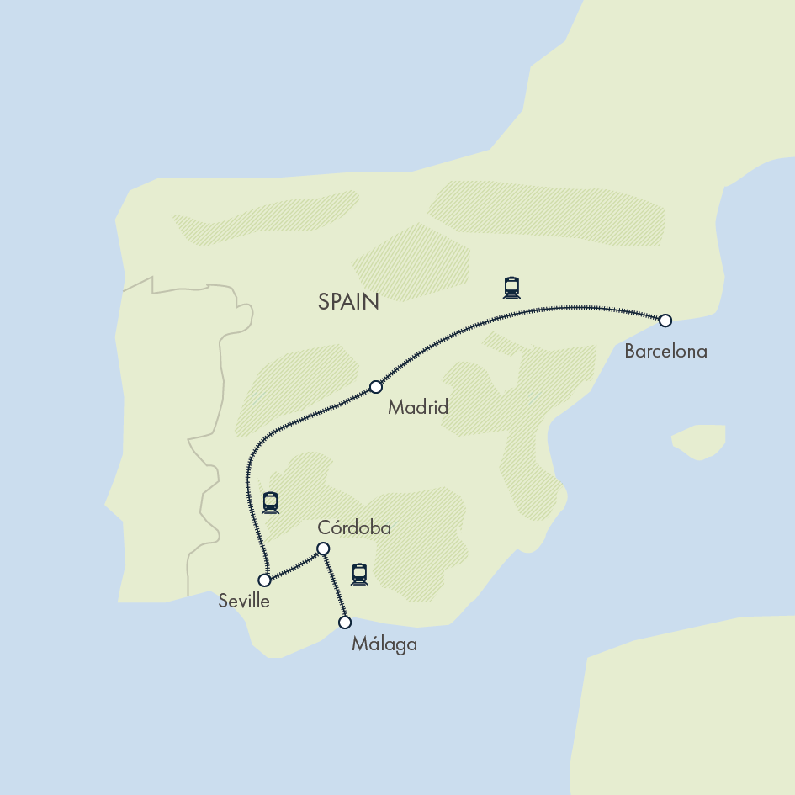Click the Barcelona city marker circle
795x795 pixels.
pos(665,321)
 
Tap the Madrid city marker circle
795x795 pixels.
pos(376,387)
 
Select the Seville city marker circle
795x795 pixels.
pos(264,580)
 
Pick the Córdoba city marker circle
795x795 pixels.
pos(322,549)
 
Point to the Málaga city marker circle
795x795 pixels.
pos(344,623)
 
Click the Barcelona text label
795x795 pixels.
pos(665,352)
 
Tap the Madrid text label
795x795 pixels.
pos(417,408)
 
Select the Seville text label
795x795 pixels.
pos(244,602)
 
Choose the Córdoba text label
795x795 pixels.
pos(354,528)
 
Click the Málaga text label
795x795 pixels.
pos(384,646)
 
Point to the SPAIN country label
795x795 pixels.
pos(348,302)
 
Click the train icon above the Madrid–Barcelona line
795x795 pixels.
pos(511,288)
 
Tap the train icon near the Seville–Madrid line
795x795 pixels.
pos(270,503)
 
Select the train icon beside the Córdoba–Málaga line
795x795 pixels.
pos(360,574)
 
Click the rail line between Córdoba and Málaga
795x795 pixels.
pos(333,586)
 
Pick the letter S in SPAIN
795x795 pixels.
pos(324,302)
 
